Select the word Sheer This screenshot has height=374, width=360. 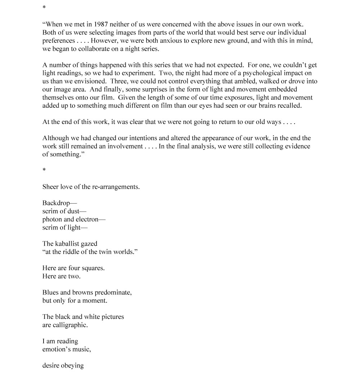coord(50,187)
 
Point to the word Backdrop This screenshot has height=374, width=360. coord(56,203)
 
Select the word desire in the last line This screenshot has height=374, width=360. coord(51,365)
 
